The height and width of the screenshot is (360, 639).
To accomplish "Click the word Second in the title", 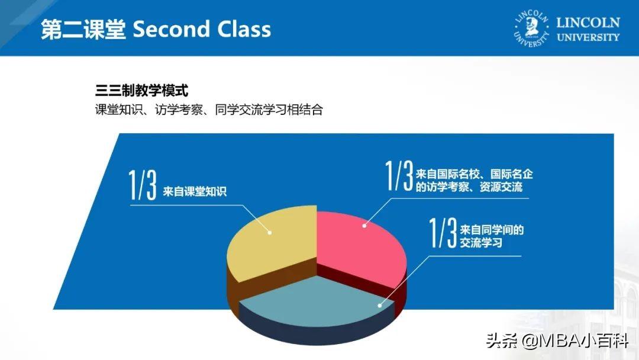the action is (x=171, y=30).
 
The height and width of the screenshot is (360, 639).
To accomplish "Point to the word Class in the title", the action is (x=244, y=30).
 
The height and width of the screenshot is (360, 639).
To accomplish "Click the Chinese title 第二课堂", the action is (x=83, y=30).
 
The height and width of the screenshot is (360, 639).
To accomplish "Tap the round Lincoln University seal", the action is (x=531, y=28).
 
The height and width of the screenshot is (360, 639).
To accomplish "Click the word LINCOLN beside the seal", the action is (x=588, y=22).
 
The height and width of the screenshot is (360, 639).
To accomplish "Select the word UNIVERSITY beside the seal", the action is (x=588, y=37).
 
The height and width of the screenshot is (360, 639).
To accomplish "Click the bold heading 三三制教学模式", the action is (x=141, y=90).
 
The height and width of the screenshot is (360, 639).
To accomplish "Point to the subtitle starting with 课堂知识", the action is (x=209, y=110).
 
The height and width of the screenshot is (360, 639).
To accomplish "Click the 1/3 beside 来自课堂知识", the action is (x=143, y=185).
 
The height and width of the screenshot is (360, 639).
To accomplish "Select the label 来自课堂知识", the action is (x=195, y=191).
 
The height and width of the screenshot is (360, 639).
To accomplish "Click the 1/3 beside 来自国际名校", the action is (x=399, y=175).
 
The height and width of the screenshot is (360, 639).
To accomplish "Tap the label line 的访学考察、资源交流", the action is (x=469, y=187).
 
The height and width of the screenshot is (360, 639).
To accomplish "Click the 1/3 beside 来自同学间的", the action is (x=443, y=232).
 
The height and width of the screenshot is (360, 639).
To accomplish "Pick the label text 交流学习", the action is (x=481, y=243).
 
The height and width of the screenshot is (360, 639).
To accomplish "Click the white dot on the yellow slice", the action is (x=270, y=232).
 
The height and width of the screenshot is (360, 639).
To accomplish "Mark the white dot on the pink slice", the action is (x=364, y=226).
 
